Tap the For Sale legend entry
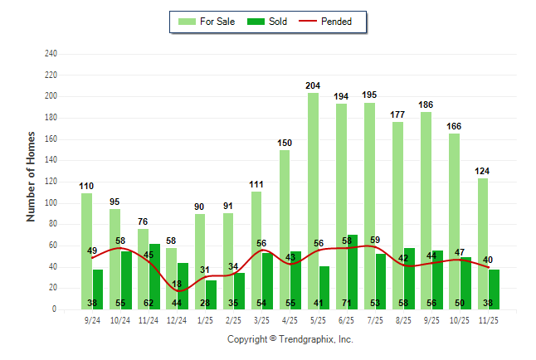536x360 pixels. pyautogui.click(x=207, y=22)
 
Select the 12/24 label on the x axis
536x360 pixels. pyautogui.click(x=177, y=320)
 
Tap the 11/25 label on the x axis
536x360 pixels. pyautogui.click(x=489, y=320)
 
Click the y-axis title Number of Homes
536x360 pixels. pyautogui.click(x=32, y=176)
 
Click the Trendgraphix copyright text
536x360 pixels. pyautogui.click(x=290, y=339)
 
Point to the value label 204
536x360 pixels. pyautogui.click(x=314, y=85)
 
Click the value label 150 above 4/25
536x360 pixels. pyautogui.click(x=285, y=143)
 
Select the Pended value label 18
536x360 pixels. pyautogui.click(x=177, y=285)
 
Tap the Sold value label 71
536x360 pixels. pyautogui.click(x=353, y=304)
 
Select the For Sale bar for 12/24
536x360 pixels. pyautogui.click(x=171, y=265)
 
